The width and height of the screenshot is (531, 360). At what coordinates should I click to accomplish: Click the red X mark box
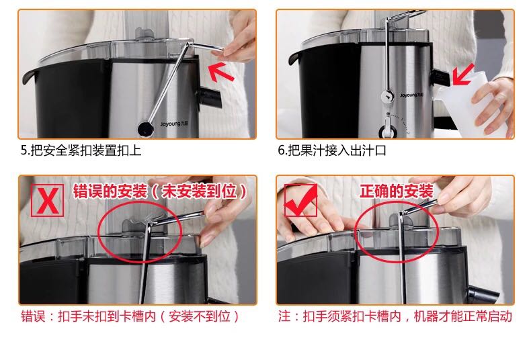pyautogui.click(x=48, y=200)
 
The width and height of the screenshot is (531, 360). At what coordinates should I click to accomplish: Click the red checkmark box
pyautogui.click(x=300, y=200)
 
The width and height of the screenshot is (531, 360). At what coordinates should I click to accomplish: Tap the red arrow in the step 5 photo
pyautogui.click(x=220, y=72)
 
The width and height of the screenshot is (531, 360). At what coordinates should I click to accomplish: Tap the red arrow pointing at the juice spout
pyautogui.click(x=463, y=75)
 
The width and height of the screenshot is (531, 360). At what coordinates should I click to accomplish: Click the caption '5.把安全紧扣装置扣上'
pyautogui.click(x=81, y=150)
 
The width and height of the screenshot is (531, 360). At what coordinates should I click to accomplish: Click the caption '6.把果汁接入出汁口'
pyautogui.click(x=332, y=150)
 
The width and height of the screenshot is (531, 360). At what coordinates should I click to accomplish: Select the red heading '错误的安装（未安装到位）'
pyautogui.click(x=160, y=191)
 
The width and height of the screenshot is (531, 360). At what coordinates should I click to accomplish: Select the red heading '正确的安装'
pyautogui.click(x=396, y=191)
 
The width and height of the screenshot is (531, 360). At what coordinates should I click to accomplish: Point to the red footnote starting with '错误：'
pyautogui.click(x=130, y=317)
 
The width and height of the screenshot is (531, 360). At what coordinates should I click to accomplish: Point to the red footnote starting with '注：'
pyautogui.click(x=395, y=317)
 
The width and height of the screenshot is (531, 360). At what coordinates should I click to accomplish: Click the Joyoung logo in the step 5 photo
pyautogui.click(x=174, y=124)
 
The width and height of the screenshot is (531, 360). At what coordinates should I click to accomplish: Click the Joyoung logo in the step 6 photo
pyautogui.click(x=411, y=95)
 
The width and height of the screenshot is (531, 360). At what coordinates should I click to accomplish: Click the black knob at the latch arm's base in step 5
pyautogui.click(x=145, y=129)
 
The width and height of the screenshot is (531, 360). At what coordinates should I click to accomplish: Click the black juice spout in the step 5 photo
pyautogui.click(x=210, y=97)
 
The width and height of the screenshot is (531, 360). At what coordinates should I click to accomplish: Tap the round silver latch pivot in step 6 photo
pyautogui.click(x=387, y=96)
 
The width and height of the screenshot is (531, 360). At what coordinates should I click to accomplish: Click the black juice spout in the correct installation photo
pyautogui.click(x=483, y=294)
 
